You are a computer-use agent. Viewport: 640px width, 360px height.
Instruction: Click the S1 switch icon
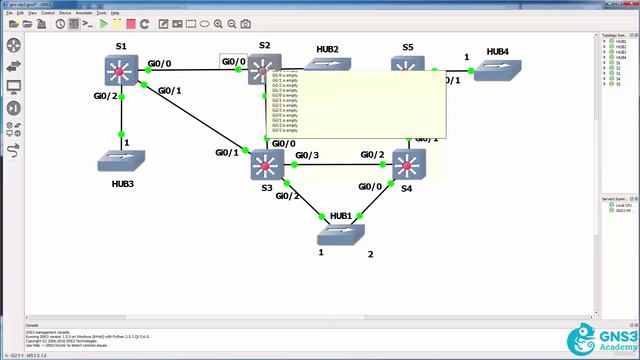point(121,71)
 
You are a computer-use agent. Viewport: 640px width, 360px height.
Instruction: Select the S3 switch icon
point(267,164)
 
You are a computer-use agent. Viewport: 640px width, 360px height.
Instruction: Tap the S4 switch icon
point(408,163)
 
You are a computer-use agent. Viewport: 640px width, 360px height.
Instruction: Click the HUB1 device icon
point(340,234)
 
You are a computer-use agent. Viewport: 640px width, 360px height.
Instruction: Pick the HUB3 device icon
point(122,159)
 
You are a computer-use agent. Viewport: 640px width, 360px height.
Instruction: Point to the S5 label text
point(408,47)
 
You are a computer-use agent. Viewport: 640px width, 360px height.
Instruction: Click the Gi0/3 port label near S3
point(306,155)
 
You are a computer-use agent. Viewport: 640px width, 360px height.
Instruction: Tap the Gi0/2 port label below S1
point(105,96)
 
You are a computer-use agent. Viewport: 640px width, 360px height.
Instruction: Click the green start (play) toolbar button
point(103,23)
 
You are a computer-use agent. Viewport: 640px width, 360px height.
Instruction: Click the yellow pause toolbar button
point(117,23)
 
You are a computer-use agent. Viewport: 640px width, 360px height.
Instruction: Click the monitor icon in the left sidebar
point(14,86)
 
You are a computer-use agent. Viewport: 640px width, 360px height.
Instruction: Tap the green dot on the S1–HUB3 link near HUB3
point(122,134)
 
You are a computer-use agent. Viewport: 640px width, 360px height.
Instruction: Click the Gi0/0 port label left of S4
point(370,186)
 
